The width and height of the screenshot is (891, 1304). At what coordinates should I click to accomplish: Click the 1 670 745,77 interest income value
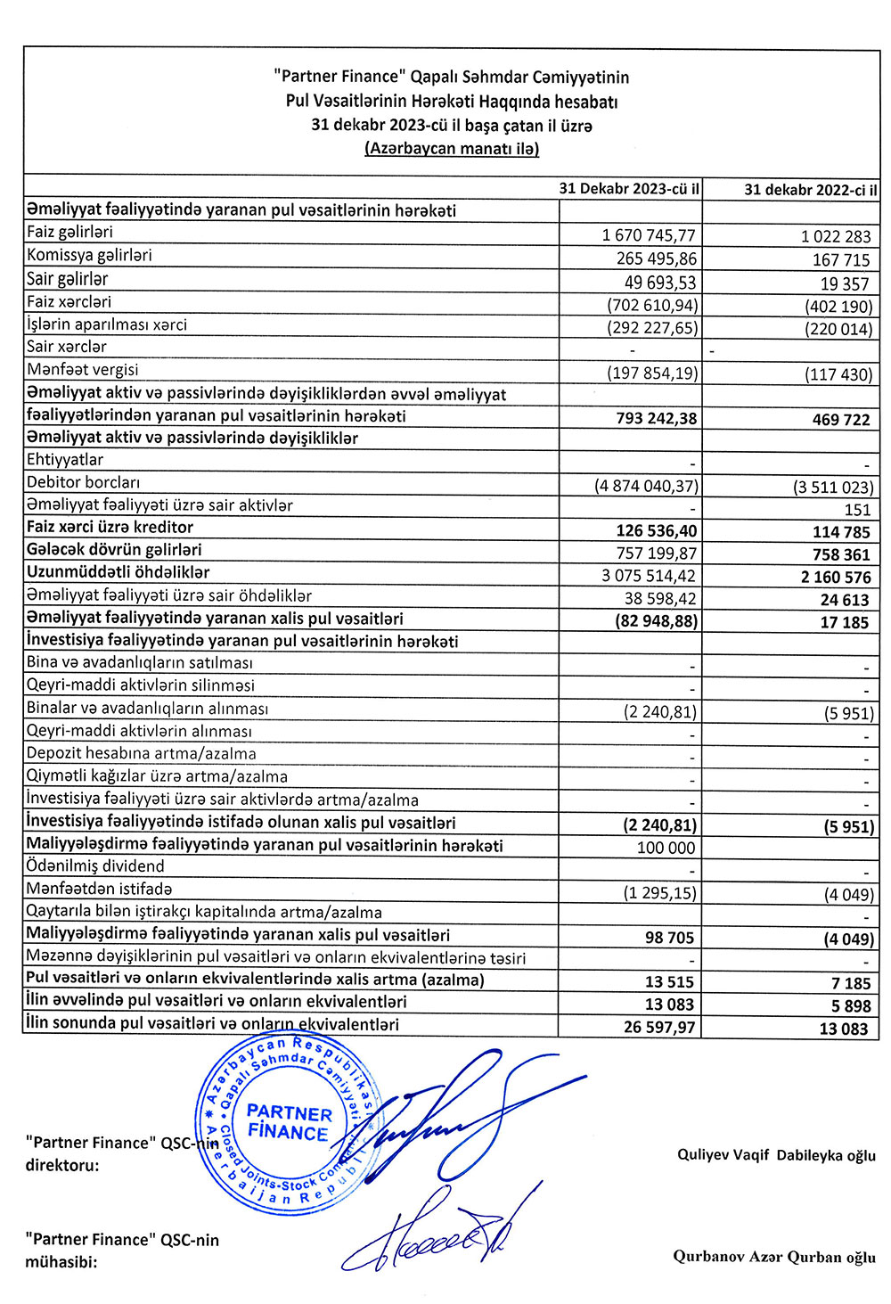pos(649,235)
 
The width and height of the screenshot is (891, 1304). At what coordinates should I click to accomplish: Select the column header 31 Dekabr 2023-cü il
pos(629,189)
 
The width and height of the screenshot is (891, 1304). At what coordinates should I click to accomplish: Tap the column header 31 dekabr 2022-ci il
pos(810,190)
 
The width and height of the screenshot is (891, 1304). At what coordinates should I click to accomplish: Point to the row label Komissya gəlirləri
pos(89,256)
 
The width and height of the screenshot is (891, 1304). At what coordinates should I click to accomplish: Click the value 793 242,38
pos(656,418)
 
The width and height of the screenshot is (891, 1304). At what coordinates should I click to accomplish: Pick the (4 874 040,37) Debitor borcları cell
pos(647,486)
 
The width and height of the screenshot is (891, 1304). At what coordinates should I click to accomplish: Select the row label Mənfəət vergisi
pos(83,370)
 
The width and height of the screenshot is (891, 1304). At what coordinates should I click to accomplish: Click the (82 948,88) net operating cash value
pos(656,620)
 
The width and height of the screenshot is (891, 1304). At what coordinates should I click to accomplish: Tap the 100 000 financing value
pos(666,848)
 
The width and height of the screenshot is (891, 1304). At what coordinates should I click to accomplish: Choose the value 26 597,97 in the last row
pos(659,1027)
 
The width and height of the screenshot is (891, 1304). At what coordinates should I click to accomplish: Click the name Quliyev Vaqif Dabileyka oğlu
pos(776,1155)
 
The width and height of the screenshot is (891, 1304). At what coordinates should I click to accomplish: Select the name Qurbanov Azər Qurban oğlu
pos(774,1257)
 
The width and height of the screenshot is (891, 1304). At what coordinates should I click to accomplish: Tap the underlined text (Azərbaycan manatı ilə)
pos(452,149)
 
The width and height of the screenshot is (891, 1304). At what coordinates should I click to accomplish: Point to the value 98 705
pos(669,938)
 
